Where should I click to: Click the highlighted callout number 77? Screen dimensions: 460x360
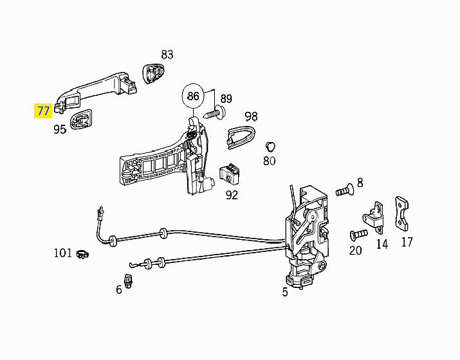tap(43, 111)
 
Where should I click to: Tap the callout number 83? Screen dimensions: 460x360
tap(167, 55)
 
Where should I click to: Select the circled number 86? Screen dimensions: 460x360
tap(193, 96)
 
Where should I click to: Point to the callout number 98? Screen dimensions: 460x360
tap(252, 116)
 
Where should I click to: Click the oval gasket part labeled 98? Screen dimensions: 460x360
tap(241, 136)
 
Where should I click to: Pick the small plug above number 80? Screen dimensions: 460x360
tap(270, 147)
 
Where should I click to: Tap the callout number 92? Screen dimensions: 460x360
tap(232, 195)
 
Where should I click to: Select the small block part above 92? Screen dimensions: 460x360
tap(230, 174)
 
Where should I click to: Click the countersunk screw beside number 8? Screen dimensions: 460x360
tap(345, 190)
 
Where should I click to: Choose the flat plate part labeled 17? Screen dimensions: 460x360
tap(402, 213)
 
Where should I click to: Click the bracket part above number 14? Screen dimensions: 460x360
tap(374, 217)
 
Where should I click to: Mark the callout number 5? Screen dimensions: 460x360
tap(285, 292)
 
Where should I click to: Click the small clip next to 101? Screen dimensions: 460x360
tap(82, 254)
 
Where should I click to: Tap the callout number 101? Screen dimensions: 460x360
tap(63, 253)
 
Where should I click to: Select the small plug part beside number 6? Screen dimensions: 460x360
tap(128, 281)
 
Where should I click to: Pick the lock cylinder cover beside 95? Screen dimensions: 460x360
tap(81, 120)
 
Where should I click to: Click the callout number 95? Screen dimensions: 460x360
tap(60, 129)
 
